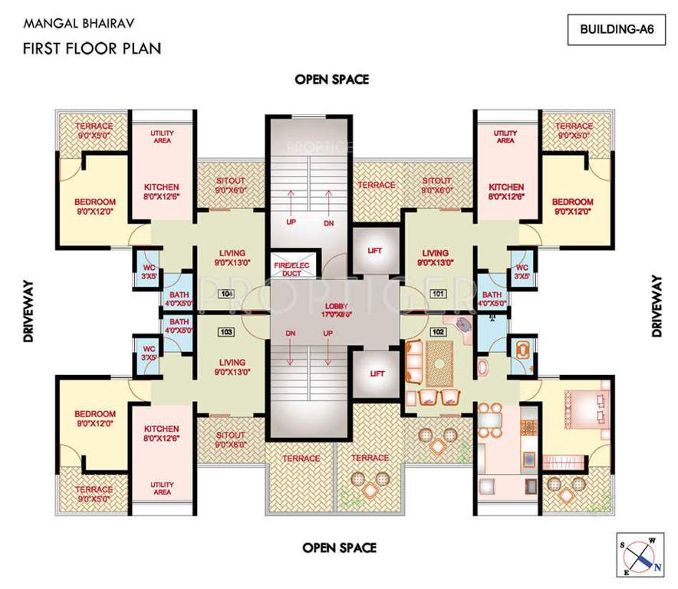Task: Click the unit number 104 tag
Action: (225, 294)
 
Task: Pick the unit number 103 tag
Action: (225, 333)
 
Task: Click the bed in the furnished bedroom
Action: (584, 407)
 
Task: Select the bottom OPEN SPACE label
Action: (339, 547)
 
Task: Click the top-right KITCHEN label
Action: (507, 186)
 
